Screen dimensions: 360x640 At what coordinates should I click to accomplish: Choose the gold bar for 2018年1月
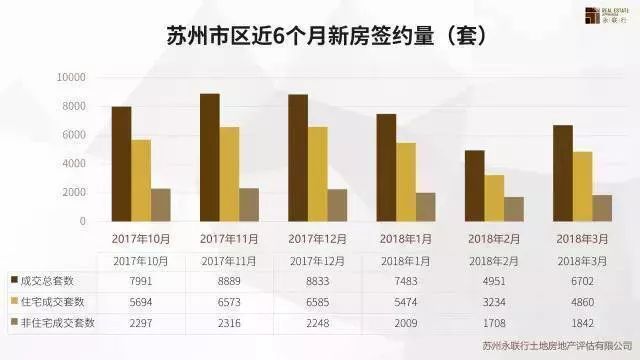click(406, 181)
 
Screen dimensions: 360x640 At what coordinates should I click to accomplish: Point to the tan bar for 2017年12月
click(337, 204)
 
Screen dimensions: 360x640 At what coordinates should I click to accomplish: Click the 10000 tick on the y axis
click(72, 78)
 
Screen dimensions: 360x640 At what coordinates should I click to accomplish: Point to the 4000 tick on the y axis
click(75, 164)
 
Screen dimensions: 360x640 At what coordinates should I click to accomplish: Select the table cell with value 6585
click(318, 302)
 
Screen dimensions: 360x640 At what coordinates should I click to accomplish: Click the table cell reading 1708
click(494, 323)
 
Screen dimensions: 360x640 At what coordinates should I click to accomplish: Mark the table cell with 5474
click(406, 302)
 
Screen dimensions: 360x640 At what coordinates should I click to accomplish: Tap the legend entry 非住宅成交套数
click(58, 323)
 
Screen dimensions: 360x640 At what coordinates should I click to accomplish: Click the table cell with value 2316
click(229, 323)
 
